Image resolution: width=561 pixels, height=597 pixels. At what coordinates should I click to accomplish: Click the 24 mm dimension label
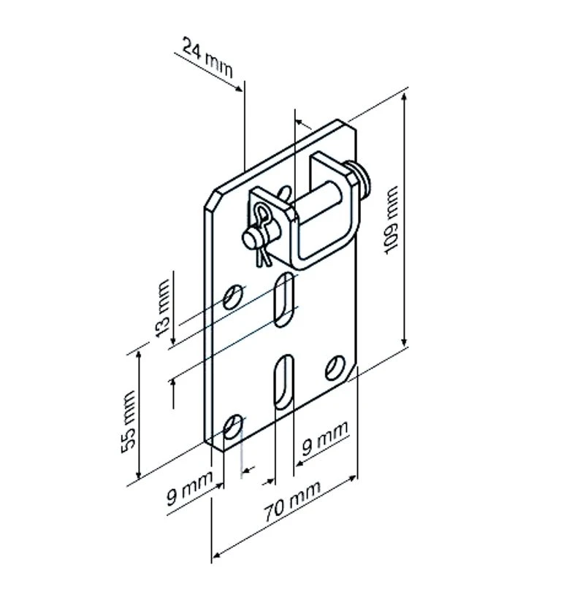(207, 57)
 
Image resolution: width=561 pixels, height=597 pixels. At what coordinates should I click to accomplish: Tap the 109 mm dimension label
(391, 220)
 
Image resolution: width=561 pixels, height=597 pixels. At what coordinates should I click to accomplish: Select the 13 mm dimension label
(163, 309)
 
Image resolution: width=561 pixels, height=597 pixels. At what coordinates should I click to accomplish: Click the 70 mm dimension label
(292, 501)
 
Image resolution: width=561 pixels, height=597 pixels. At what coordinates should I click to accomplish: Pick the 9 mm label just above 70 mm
(325, 438)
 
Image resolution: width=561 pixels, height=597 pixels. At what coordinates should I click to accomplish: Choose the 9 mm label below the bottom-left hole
(189, 488)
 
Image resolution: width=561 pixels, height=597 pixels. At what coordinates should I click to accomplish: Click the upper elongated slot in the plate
(284, 299)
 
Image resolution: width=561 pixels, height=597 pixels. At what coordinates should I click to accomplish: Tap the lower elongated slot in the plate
(284, 382)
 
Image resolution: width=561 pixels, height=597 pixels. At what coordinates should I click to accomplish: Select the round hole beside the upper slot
(233, 296)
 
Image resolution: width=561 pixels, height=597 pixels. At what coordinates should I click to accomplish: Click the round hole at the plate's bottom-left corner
(233, 427)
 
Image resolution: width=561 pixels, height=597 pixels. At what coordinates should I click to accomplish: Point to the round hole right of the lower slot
(335, 368)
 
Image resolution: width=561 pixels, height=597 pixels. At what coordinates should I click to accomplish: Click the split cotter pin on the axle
(262, 233)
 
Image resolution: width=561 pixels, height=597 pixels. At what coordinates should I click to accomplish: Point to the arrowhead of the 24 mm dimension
(239, 88)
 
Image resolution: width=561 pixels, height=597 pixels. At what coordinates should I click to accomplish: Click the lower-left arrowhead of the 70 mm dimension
(215, 555)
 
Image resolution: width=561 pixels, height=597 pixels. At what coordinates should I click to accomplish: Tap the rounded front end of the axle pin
(249, 239)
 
